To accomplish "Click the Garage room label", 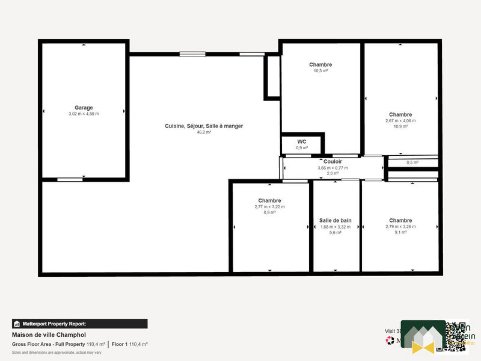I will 84,108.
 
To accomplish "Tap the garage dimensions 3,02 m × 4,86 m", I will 84,114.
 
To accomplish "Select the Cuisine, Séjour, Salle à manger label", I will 204,126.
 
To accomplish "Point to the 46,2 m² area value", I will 204,132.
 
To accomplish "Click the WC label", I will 302,141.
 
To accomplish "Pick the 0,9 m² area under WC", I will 302,147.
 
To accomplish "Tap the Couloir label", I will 332,162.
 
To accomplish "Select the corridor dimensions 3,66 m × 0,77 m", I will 332,168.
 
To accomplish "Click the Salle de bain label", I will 335,220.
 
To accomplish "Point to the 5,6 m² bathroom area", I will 335,232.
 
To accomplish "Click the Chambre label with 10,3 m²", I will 320,64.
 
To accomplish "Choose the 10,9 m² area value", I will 400,126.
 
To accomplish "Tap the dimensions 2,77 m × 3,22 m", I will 269,206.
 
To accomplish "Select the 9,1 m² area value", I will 400,232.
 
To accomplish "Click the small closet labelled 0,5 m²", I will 412,162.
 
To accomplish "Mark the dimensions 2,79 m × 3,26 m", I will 400,226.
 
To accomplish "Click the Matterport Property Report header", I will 79,324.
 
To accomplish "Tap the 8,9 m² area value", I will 269,212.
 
